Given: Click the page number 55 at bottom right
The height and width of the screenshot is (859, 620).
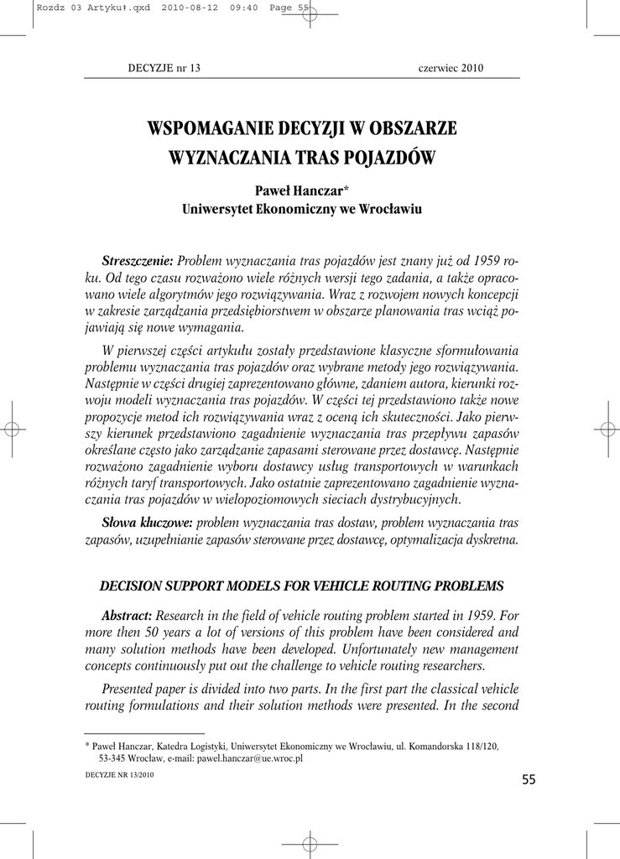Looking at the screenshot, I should pyautogui.click(x=528, y=780).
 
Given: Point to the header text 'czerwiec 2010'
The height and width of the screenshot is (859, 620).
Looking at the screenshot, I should pyautogui.click(x=451, y=68).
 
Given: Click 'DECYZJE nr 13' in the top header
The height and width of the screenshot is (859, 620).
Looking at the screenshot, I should pyautogui.click(x=164, y=68).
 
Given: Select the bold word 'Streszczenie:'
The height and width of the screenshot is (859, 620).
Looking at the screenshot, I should pyautogui.click(x=137, y=261).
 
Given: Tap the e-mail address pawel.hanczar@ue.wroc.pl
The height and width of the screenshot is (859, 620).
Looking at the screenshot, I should pyautogui.click(x=249, y=757).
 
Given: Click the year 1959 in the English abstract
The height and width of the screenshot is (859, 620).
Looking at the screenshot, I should pyautogui.click(x=461, y=616).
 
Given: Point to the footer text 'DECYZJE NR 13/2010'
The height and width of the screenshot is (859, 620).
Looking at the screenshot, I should pyautogui.click(x=120, y=776).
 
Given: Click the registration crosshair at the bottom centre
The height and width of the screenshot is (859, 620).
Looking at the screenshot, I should pyautogui.click(x=310, y=842).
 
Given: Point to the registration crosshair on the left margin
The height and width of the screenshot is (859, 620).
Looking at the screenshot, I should pyautogui.click(x=13, y=429).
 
